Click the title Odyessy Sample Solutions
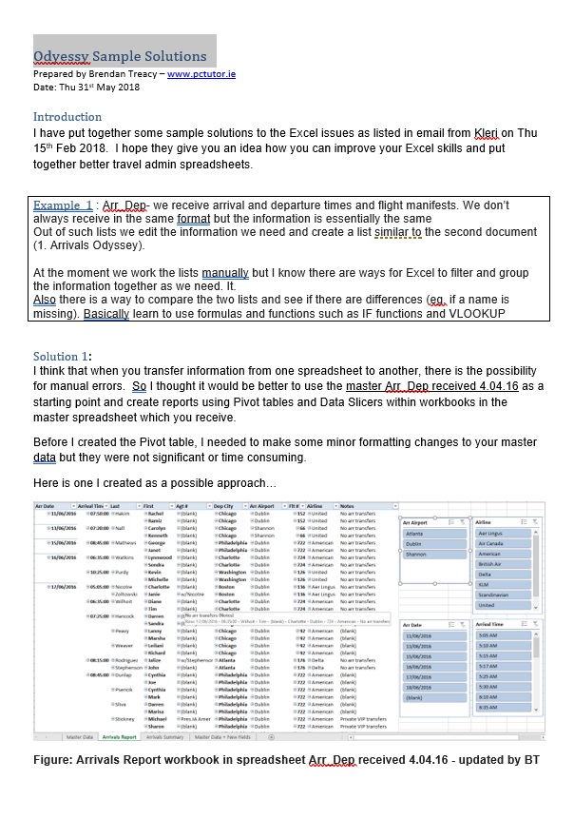point(119,56)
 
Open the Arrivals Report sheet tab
point(119,737)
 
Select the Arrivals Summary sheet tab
point(165,737)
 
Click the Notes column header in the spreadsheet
point(348,506)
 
